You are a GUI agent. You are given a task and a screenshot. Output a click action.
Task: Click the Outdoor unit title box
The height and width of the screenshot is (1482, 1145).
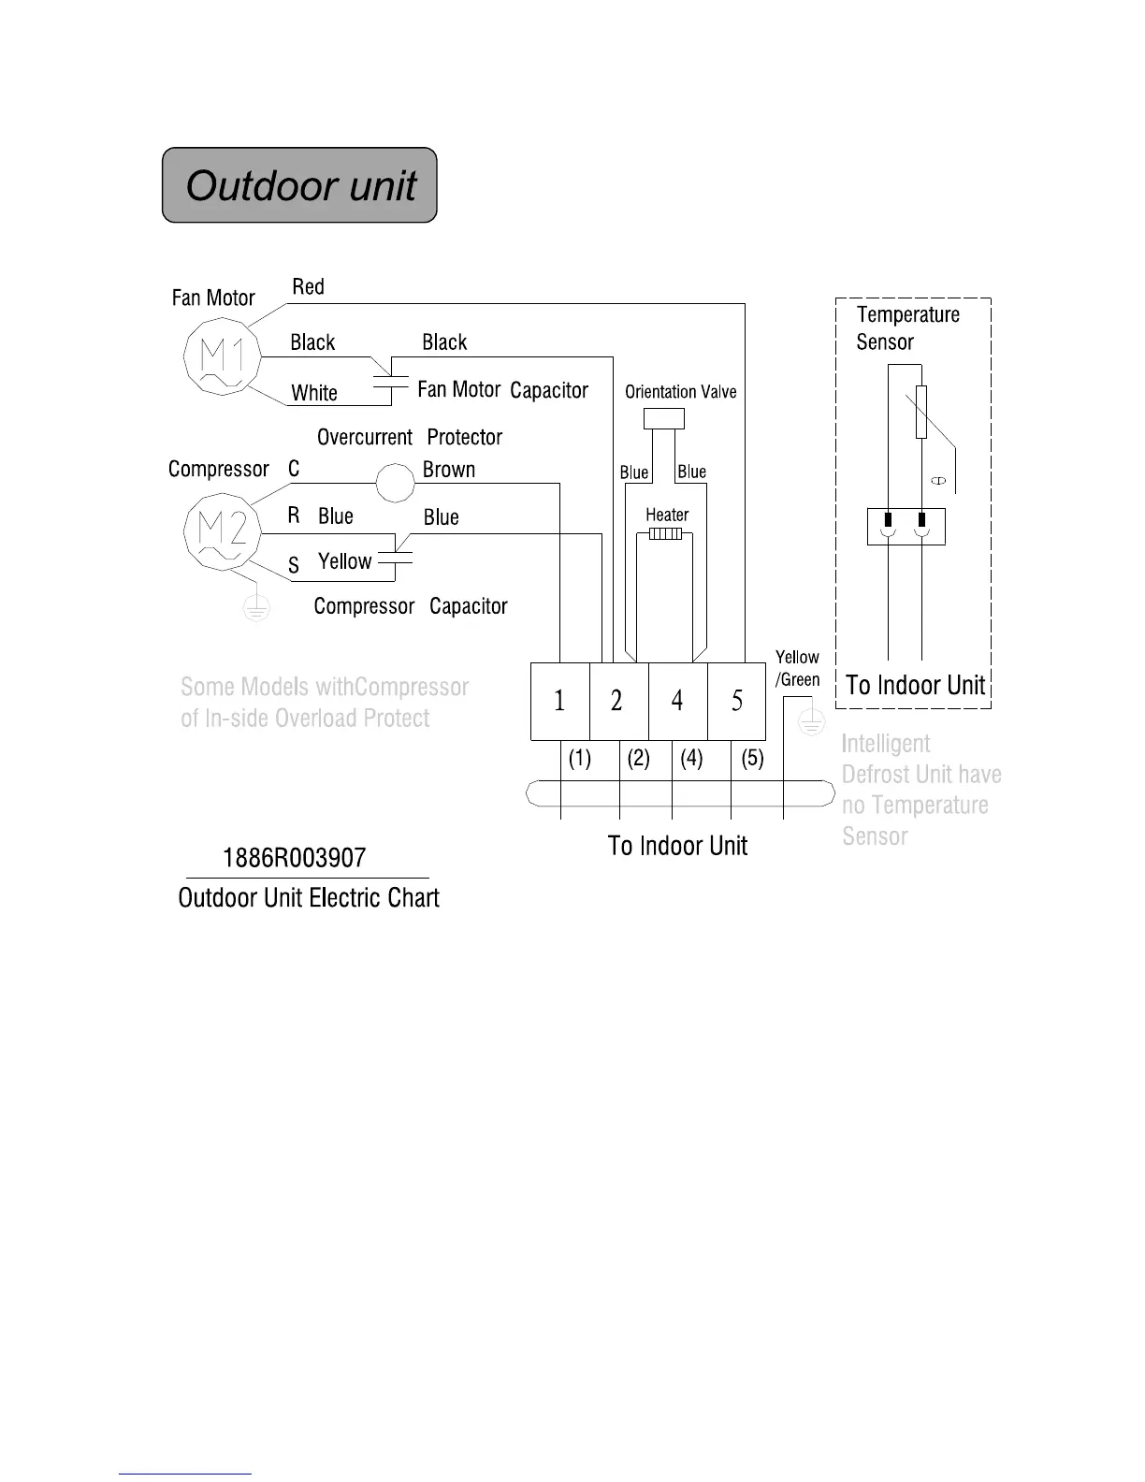point(299,185)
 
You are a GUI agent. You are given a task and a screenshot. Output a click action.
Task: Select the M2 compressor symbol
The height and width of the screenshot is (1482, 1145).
point(223,530)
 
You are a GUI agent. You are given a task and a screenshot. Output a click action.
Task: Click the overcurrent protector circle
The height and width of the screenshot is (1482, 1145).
point(395,484)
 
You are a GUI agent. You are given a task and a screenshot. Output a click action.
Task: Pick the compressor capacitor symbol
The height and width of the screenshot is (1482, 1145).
point(396,559)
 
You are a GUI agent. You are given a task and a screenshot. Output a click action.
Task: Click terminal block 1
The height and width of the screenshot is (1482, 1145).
point(559,701)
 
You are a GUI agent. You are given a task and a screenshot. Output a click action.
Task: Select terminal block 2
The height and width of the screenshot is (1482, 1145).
point(617,701)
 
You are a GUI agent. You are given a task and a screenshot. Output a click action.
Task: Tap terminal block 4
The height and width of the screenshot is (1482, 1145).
point(677,701)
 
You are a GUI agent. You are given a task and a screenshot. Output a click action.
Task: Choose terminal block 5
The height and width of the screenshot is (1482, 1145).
point(737,701)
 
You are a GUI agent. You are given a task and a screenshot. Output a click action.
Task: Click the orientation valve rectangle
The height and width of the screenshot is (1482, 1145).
point(664,418)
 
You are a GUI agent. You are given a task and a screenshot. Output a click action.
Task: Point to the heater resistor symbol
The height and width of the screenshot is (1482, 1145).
point(665,534)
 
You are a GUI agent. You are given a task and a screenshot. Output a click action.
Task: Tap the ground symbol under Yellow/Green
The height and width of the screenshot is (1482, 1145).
point(811,722)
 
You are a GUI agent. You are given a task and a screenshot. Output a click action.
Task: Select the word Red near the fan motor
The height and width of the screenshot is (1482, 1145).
point(308,286)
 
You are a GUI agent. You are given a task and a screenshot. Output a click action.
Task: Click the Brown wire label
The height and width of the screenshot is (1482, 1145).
point(449,470)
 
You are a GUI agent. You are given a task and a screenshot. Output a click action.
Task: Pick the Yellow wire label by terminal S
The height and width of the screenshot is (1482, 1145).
point(344,561)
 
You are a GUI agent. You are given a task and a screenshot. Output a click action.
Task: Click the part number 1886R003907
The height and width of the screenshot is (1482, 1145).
point(294,858)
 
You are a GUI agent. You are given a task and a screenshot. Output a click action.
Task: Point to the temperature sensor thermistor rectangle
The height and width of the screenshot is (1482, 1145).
point(921,412)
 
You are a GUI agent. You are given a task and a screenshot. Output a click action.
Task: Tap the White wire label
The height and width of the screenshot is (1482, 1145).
point(314,393)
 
